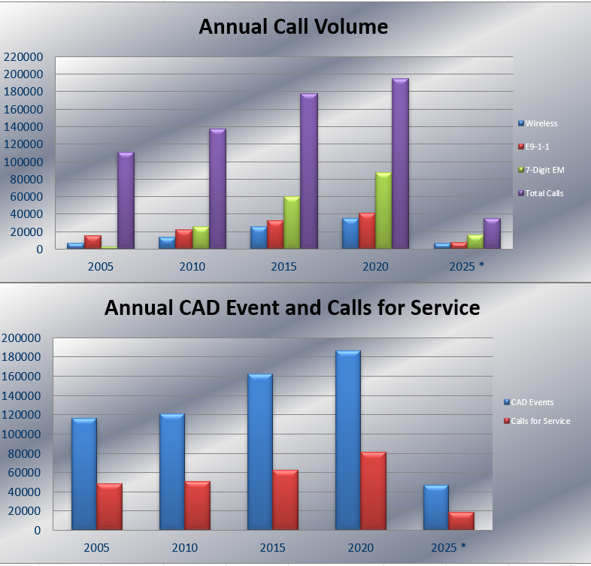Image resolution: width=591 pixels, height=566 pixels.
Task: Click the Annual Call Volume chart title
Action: pyautogui.click(x=293, y=28)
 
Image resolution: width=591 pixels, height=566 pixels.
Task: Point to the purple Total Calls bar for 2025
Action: pyautogui.click(x=492, y=234)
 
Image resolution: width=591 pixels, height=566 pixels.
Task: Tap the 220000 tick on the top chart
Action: pyautogui.click(x=23, y=56)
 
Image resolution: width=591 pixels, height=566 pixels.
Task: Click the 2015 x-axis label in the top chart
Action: pyautogui.click(x=283, y=267)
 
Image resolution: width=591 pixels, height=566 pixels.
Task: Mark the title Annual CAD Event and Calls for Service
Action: pyautogui.click(x=292, y=307)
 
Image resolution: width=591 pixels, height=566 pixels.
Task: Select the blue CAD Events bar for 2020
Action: pyautogui.click(x=347, y=440)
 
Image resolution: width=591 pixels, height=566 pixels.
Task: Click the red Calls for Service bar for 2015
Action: pyautogui.click(x=285, y=501)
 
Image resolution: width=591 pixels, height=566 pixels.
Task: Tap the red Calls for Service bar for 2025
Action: pyautogui.click(x=461, y=522)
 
